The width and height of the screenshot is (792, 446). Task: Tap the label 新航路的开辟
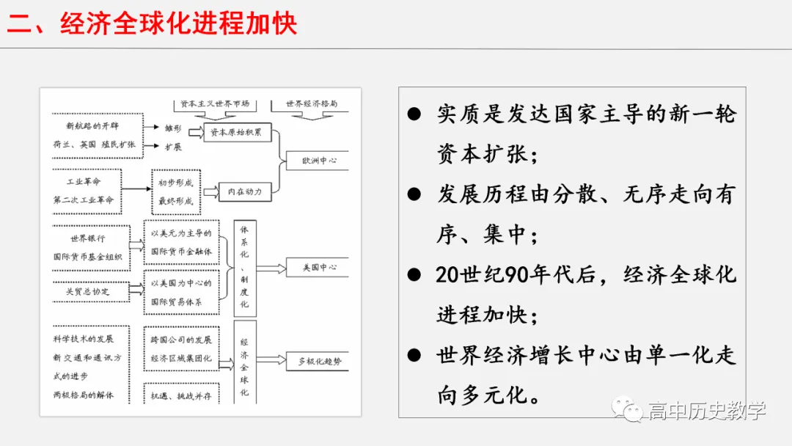click(x=92, y=126)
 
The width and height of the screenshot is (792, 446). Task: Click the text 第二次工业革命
click(x=84, y=200)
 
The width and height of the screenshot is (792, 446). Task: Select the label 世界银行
click(x=88, y=238)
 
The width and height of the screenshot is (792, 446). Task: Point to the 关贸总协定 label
click(x=87, y=291)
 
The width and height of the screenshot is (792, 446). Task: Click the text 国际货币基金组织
click(x=92, y=257)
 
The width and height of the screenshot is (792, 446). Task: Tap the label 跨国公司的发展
click(x=181, y=340)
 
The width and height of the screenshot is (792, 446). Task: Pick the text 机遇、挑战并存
click(x=181, y=395)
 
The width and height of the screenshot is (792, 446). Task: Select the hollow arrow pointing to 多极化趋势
click(x=271, y=360)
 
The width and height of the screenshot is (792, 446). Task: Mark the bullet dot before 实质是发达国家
click(x=415, y=114)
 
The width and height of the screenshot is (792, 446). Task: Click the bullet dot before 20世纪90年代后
click(x=415, y=275)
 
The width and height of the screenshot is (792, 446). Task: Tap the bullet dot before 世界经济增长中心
click(x=415, y=356)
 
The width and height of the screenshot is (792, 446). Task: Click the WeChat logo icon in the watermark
click(x=628, y=409)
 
